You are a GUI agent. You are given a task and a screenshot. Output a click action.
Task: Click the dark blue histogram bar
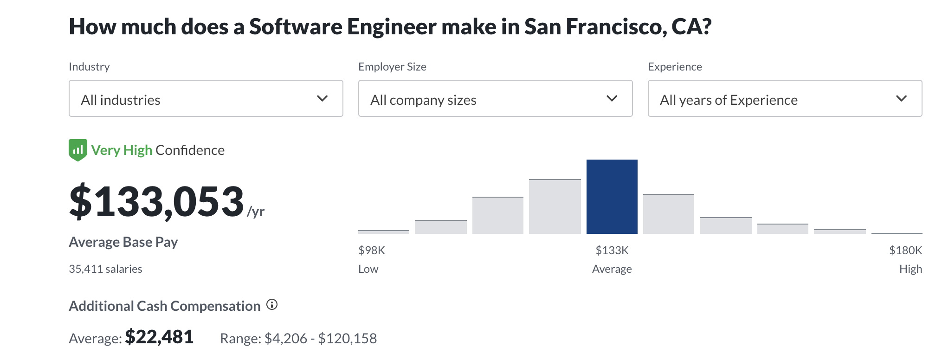[x=612, y=197]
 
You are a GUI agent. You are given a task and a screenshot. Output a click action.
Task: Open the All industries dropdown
[x=206, y=98]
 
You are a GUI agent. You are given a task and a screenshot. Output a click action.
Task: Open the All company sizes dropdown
[x=495, y=98]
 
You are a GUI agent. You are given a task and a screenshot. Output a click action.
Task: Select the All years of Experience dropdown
[x=785, y=98]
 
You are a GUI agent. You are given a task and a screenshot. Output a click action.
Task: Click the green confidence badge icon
[x=77, y=150]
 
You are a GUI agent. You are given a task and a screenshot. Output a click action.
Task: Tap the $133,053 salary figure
[x=156, y=202]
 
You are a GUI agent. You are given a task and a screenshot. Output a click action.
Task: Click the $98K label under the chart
[x=371, y=251]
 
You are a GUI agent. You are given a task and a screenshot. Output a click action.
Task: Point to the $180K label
[x=905, y=251]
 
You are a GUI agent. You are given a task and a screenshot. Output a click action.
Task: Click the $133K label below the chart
[x=612, y=251]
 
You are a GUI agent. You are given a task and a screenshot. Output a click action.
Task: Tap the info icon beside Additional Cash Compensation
[x=272, y=305]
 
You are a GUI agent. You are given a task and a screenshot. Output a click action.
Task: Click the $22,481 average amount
[x=159, y=337]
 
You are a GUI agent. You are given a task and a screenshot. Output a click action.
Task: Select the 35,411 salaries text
[x=105, y=269]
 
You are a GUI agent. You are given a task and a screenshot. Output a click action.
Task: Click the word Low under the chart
[x=368, y=269]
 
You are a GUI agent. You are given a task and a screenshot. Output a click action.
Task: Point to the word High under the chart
[x=910, y=269]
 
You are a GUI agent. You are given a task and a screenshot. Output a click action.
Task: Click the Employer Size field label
[x=392, y=67]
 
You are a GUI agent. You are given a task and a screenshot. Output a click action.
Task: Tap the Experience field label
[x=675, y=67]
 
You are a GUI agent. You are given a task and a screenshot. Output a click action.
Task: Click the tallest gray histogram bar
[x=555, y=206]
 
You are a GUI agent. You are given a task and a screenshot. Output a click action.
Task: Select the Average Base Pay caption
[x=123, y=242]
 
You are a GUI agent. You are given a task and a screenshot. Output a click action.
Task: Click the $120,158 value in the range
[x=347, y=339]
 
